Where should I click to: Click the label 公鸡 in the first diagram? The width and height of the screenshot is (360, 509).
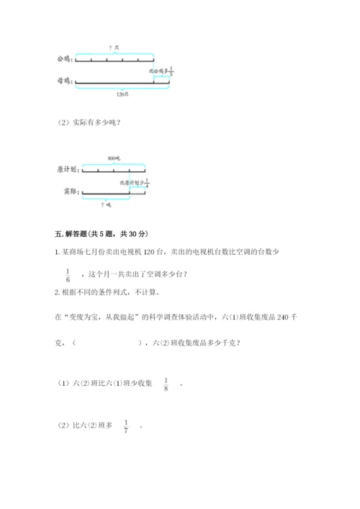click(64, 59)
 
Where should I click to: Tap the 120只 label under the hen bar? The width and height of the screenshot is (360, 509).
click(122, 94)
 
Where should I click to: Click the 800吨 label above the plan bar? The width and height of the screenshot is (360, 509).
click(113, 158)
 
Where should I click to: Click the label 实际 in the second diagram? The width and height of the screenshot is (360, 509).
click(68, 192)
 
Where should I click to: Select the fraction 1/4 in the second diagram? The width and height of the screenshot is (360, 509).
click(147, 183)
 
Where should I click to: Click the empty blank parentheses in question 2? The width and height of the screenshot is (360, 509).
click(108, 343)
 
